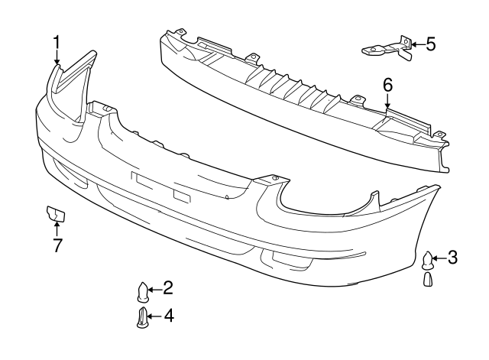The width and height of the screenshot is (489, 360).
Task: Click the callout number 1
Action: [57, 43]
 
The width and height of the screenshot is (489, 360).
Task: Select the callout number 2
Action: [168, 287]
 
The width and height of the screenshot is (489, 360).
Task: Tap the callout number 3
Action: [452, 258]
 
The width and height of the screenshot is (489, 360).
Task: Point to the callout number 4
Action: [168, 316]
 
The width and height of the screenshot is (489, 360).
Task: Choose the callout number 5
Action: [431, 44]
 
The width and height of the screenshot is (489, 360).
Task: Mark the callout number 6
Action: [387, 85]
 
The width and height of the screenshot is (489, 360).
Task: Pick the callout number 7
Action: [57, 245]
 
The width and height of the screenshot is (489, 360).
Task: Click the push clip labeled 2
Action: [143, 292]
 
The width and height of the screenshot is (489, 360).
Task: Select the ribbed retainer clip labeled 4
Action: [142, 317]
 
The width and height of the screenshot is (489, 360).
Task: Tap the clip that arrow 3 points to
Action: [427, 261]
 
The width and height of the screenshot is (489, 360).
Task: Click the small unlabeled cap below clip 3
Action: [428, 279]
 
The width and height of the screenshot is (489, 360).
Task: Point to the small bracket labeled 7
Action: [56, 213]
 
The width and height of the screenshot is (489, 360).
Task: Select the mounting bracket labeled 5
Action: [387, 48]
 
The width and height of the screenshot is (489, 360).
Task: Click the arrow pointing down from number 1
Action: [57, 57]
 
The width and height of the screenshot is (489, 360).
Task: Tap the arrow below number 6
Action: [387, 100]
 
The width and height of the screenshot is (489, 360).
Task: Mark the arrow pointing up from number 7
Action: [57, 228]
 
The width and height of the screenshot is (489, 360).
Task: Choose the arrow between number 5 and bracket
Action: [418, 44]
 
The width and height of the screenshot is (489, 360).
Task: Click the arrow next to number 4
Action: [154, 316]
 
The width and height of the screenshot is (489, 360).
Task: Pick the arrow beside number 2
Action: [154, 290]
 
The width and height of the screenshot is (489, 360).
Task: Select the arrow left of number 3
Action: [439, 258]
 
